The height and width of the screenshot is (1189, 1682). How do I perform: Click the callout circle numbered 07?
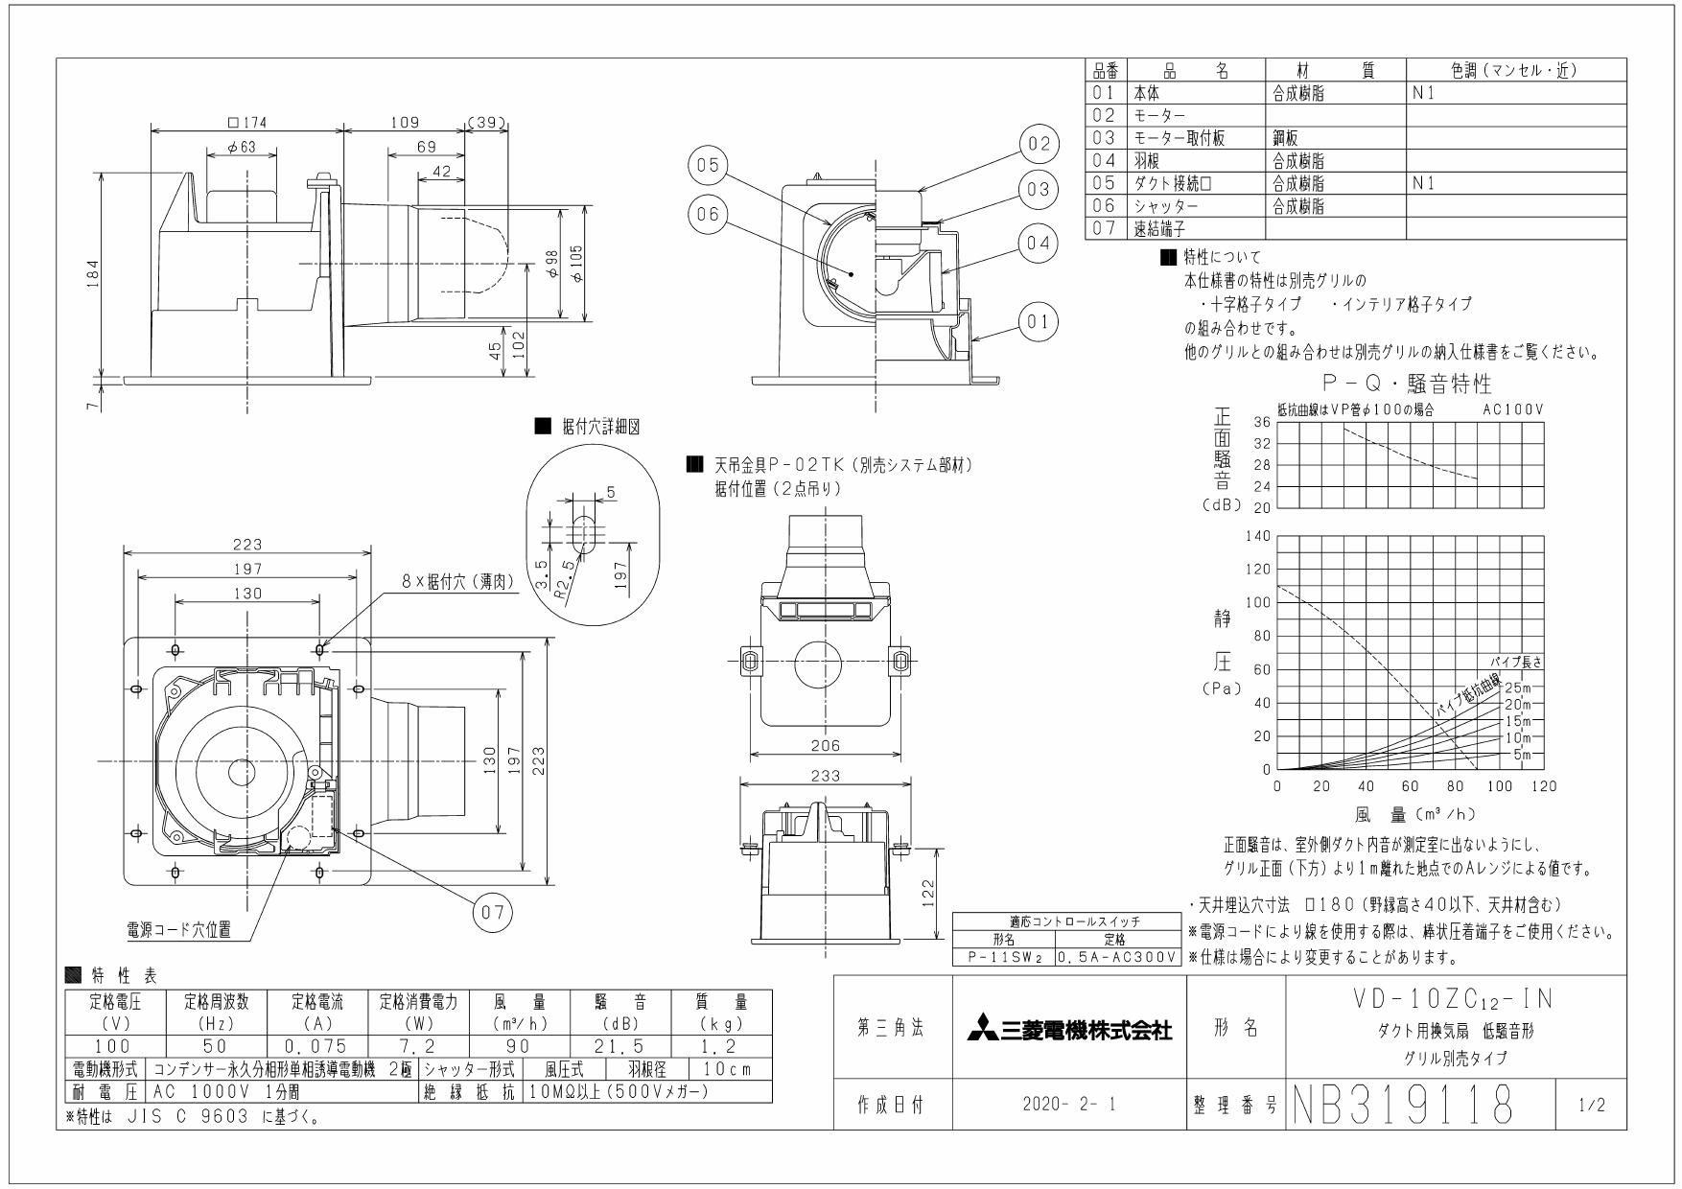[x=492, y=912]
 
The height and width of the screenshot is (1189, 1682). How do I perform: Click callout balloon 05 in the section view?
[x=707, y=166]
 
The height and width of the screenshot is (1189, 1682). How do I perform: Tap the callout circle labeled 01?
[x=1038, y=321]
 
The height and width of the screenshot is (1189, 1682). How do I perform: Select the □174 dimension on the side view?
[x=247, y=122]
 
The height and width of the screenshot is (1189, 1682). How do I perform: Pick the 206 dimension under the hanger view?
[x=825, y=745]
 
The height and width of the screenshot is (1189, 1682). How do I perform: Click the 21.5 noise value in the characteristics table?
[x=620, y=1046]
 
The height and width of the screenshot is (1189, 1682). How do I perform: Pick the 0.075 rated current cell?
[x=316, y=1046]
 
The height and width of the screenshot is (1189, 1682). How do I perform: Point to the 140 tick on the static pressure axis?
[x=1257, y=536]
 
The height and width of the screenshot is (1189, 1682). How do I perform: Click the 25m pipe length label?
[x=1518, y=688]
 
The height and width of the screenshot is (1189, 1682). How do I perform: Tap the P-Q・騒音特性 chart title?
[x=1406, y=385]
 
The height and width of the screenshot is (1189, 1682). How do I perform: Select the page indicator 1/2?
[x=1589, y=1106]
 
